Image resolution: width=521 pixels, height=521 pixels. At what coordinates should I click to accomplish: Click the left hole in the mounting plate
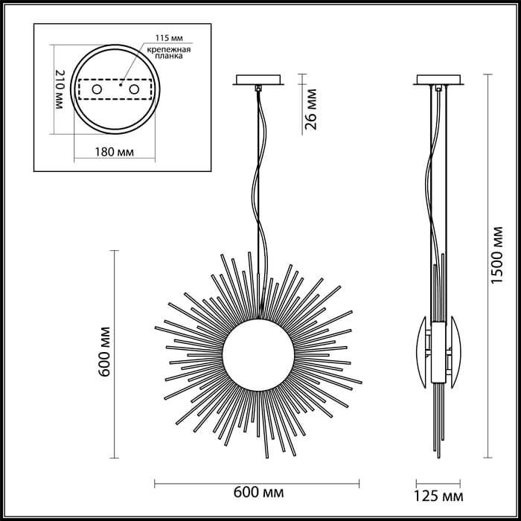(95, 89)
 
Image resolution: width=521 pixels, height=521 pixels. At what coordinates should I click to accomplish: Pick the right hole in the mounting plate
(135, 89)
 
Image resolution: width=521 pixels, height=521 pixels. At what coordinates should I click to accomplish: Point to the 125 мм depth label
(438, 496)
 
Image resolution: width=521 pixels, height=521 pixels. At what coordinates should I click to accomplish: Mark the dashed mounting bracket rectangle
(115, 89)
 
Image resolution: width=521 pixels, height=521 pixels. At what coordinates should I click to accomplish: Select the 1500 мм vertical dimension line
(488, 265)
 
